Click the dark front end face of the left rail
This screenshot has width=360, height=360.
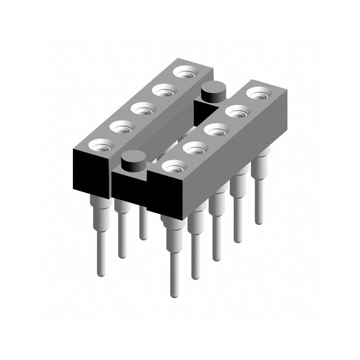pos(90,174)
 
